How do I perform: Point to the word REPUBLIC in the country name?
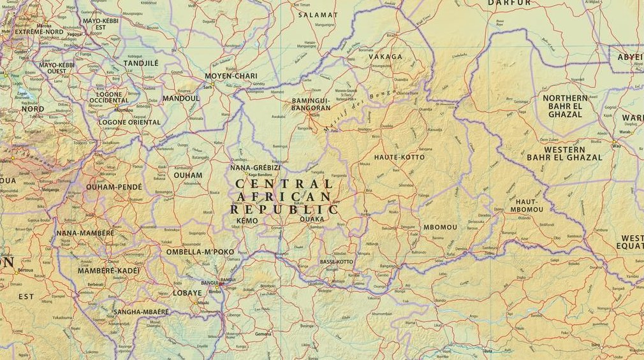coord(284,209)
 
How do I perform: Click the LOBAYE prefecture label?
coord(187,293)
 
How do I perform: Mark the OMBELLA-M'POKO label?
coord(200,252)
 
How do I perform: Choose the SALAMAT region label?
coord(318,15)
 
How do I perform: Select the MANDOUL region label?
coord(181,99)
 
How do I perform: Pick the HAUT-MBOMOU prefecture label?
coord(526,205)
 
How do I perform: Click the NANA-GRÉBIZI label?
coord(255,167)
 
